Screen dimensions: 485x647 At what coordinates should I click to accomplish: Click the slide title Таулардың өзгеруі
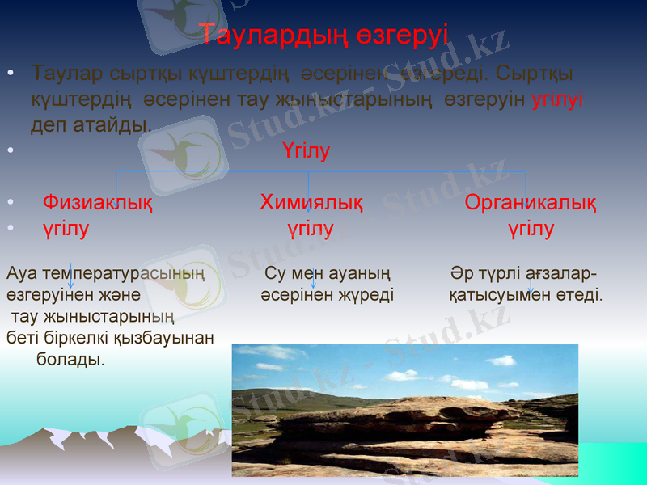[323, 35]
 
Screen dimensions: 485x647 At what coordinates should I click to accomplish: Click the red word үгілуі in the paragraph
[557, 99]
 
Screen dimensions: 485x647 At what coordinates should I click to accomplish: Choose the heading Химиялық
[311, 203]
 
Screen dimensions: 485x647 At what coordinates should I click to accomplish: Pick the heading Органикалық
[531, 203]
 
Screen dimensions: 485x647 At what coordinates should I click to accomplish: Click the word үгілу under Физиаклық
[66, 230]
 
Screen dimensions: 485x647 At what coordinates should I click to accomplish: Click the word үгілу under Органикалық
[531, 230]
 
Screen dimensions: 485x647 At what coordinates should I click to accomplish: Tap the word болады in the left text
[70, 358]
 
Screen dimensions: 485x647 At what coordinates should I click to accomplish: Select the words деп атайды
[90, 125]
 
